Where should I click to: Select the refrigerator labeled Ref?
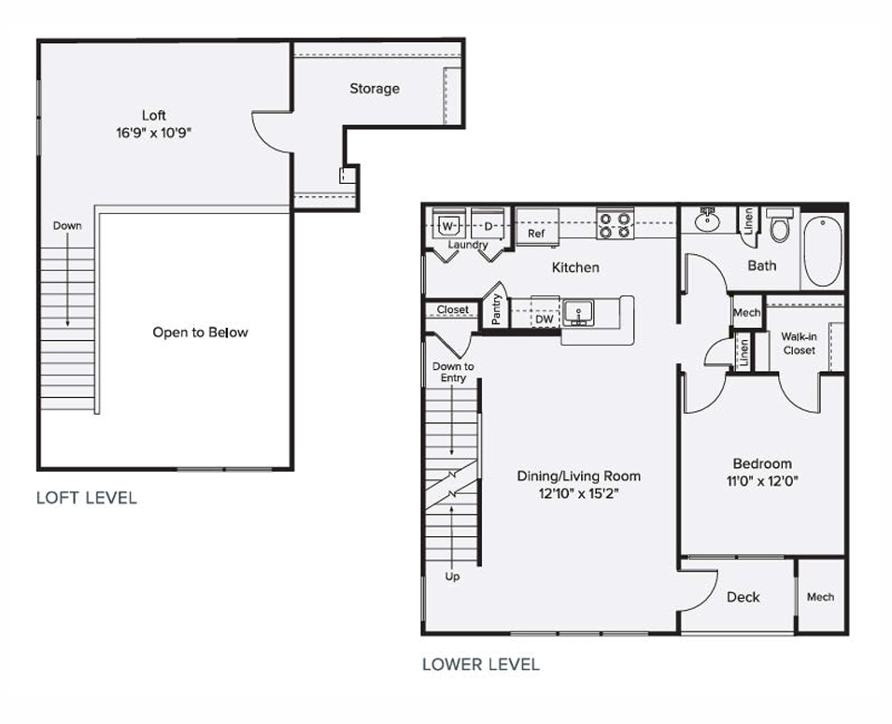[x=536, y=231]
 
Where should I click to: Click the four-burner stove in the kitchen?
[x=615, y=225]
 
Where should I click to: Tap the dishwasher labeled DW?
[x=544, y=319]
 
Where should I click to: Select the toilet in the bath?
[x=780, y=225]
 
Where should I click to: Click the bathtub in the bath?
[x=823, y=249]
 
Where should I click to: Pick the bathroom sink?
[x=707, y=221]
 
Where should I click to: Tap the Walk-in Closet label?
[x=799, y=343]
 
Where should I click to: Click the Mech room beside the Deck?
[x=820, y=597]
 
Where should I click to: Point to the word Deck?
[x=743, y=597]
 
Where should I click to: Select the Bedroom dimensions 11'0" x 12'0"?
[x=762, y=482]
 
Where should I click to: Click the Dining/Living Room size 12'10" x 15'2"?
[x=578, y=493]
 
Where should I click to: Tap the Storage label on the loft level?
[x=375, y=89]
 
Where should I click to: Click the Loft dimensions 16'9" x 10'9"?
[x=154, y=132]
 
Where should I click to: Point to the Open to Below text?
[x=200, y=332]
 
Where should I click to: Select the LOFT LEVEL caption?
[x=86, y=498]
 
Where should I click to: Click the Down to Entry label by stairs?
[x=453, y=372]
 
